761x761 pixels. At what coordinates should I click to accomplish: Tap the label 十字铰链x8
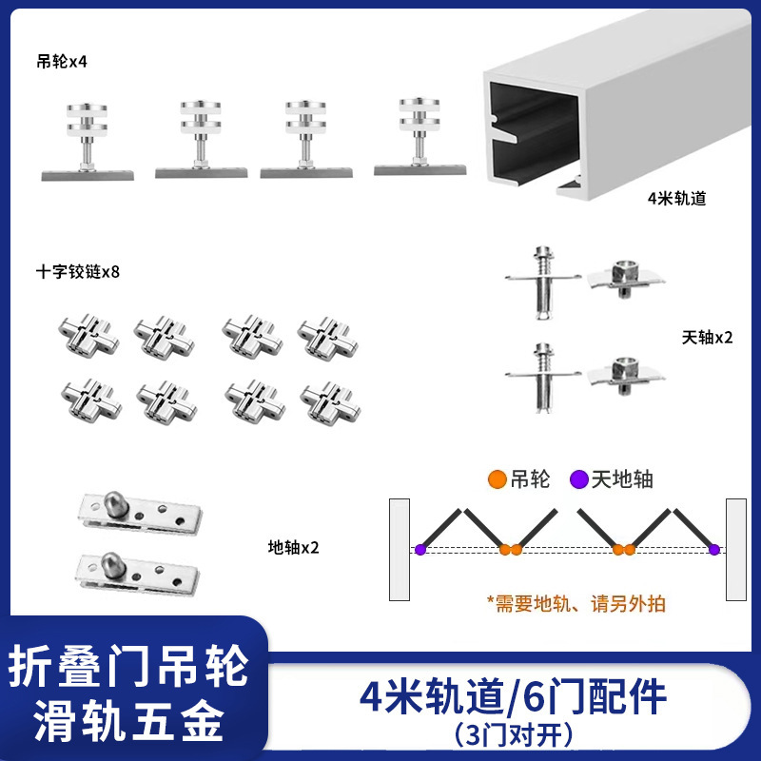(79, 272)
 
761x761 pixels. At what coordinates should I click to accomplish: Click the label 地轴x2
(293, 548)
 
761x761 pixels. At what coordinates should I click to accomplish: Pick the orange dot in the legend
(497, 479)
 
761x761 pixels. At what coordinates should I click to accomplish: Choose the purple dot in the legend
(577, 479)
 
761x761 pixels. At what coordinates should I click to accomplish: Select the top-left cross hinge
(91, 335)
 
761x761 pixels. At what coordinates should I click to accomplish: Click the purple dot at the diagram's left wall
(420, 549)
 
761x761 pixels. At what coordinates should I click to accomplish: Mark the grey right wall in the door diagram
(734, 549)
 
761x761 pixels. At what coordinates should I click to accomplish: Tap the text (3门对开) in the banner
(514, 735)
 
